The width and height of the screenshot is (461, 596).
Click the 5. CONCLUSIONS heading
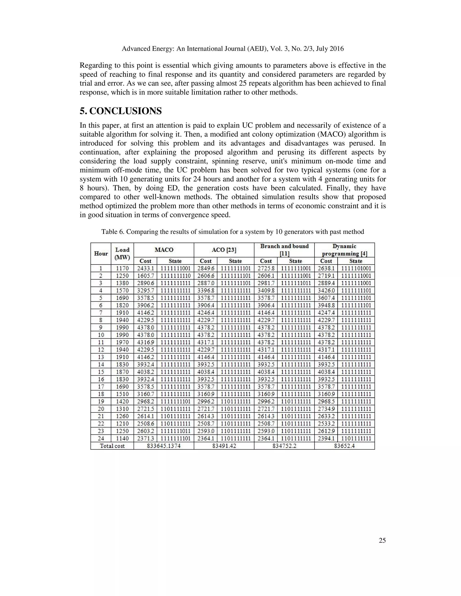pyautogui.click(x=120, y=111)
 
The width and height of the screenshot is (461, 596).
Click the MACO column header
pyautogui.click(x=164, y=250)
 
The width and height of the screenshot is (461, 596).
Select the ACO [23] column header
pyautogui.click(x=224, y=250)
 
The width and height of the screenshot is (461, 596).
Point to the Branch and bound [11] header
pyautogui.click(x=284, y=250)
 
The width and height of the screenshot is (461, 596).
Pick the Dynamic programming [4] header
pyautogui.click(x=344, y=250)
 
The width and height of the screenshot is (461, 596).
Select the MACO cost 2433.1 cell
pyautogui.click(x=145, y=268)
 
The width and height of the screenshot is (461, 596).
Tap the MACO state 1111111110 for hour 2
pyautogui.click(x=175, y=276)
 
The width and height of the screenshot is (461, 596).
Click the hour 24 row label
pyautogui.click(x=101, y=439)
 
